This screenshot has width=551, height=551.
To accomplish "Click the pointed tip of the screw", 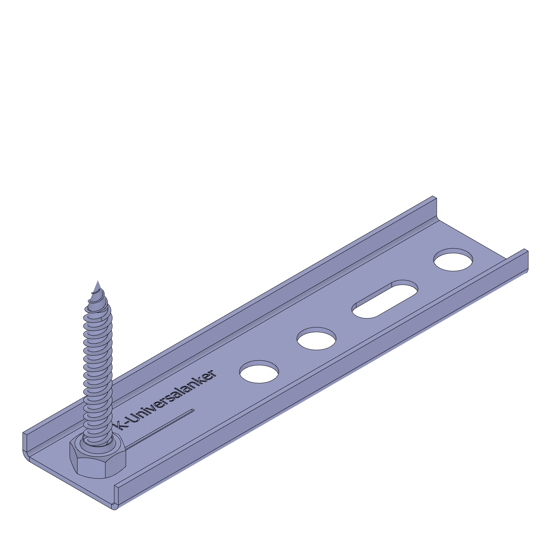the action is [x=98, y=281].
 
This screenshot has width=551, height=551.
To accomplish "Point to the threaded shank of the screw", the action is [x=97, y=364].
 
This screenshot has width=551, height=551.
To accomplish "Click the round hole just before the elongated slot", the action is [x=317, y=339].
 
